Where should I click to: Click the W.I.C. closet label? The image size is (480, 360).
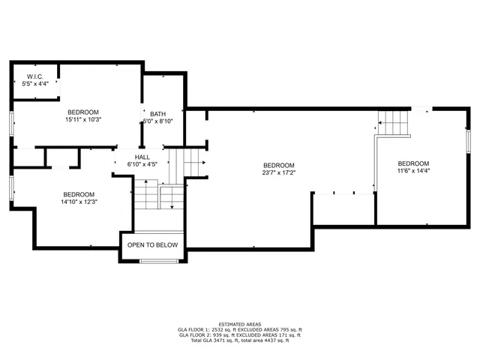(x=35, y=76)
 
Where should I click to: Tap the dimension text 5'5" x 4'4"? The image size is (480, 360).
(x=35, y=83)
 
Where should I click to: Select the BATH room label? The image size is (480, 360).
(x=157, y=113)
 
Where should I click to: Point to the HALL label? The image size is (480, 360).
(x=141, y=157)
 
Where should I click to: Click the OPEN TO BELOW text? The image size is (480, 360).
(x=152, y=245)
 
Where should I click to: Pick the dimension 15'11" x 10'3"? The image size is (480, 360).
(x=83, y=119)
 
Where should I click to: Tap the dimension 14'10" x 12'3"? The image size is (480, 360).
(x=79, y=201)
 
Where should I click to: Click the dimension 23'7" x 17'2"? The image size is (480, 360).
(x=278, y=172)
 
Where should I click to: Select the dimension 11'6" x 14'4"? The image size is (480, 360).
(x=413, y=171)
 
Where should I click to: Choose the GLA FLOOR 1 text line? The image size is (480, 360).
(x=240, y=329)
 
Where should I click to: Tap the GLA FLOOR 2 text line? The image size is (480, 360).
(x=240, y=335)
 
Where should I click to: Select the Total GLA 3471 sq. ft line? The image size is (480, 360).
(x=240, y=341)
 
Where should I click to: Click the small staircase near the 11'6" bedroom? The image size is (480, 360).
(x=394, y=122)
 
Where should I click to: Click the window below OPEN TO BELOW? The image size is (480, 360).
(x=159, y=261)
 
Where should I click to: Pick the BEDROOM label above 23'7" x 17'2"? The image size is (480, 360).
(x=278, y=165)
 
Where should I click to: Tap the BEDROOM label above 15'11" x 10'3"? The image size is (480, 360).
(x=83, y=112)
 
